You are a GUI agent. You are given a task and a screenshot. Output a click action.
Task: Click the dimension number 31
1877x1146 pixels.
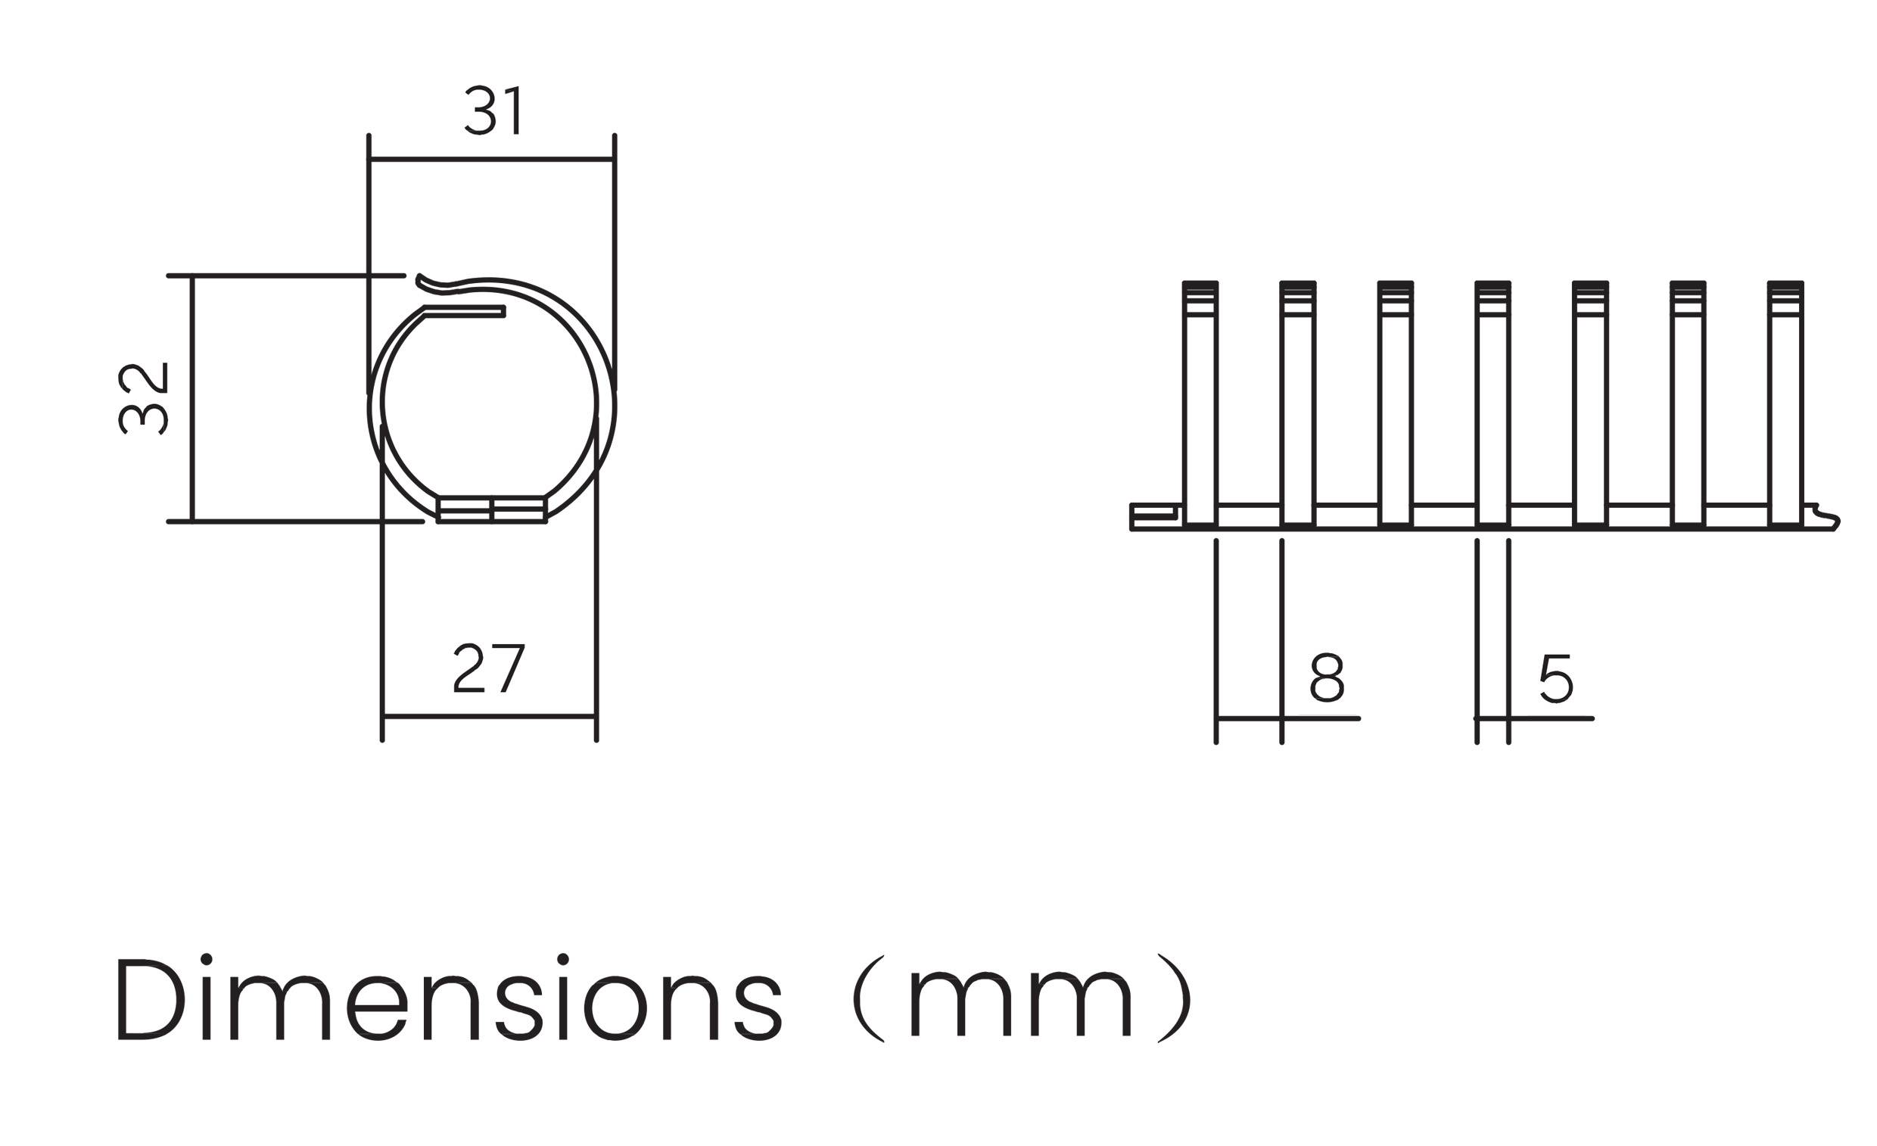click(493, 111)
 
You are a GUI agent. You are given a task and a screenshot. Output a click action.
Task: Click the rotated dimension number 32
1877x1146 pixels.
click(143, 398)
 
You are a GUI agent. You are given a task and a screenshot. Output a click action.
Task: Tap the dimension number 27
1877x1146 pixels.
click(489, 668)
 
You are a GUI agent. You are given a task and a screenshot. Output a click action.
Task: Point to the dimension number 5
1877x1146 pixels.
click(1555, 678)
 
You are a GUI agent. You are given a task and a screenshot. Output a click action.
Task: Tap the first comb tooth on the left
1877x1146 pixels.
click(1200, 404)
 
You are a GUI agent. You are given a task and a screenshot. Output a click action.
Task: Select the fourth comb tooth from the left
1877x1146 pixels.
click(1493, 404)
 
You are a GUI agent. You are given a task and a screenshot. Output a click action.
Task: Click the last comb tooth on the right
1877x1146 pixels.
click(1785, 404)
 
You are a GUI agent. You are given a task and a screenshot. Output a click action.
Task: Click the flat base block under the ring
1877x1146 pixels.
click(492, 509)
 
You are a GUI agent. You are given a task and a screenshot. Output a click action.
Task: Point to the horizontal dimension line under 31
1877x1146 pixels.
click(491, 159)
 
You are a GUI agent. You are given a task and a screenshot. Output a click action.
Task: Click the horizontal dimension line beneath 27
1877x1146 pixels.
click(489, 716)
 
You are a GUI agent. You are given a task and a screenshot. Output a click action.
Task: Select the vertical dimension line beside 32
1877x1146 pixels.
click(193, 398)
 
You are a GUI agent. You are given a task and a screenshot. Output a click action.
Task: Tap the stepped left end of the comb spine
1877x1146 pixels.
click(1153, 516)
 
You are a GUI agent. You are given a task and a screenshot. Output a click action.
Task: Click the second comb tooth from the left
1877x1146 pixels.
click(1297, 404)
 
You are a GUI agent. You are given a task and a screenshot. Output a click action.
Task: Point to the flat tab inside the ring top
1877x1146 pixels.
click(465, 311)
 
